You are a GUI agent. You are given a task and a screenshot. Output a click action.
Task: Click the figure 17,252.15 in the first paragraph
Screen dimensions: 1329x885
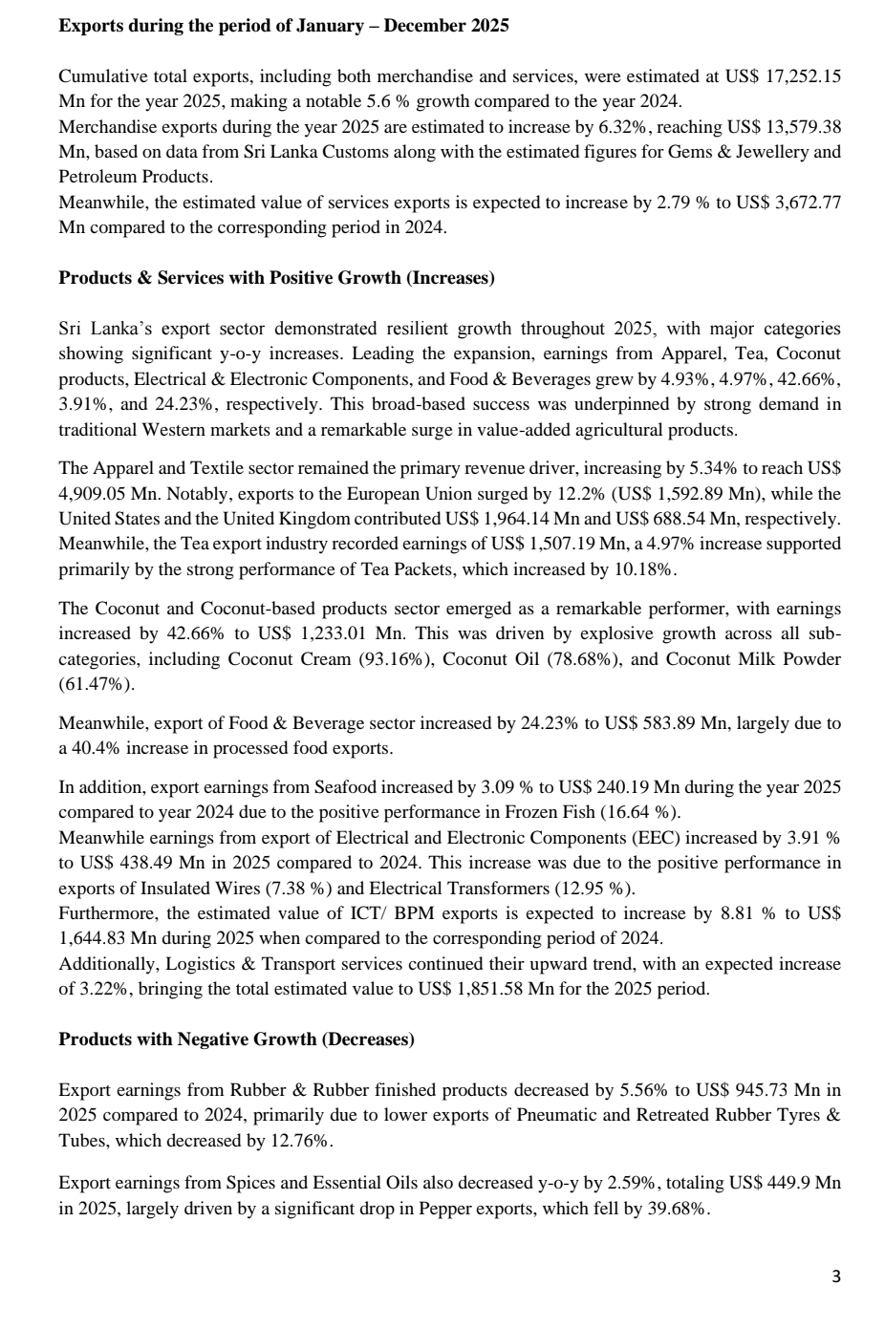pos(803,76)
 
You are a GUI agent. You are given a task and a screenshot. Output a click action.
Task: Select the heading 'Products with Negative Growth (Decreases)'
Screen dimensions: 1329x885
pos(236,1039)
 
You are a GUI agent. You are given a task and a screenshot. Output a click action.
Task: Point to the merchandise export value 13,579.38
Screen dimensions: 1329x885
pos(802,126)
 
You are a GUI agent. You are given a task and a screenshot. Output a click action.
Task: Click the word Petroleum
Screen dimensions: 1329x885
pos(95,177)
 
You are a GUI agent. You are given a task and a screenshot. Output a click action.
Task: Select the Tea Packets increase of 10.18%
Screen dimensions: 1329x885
pos(648,569)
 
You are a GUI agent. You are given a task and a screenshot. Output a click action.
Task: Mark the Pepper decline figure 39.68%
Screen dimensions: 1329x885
pos(680,1209)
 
